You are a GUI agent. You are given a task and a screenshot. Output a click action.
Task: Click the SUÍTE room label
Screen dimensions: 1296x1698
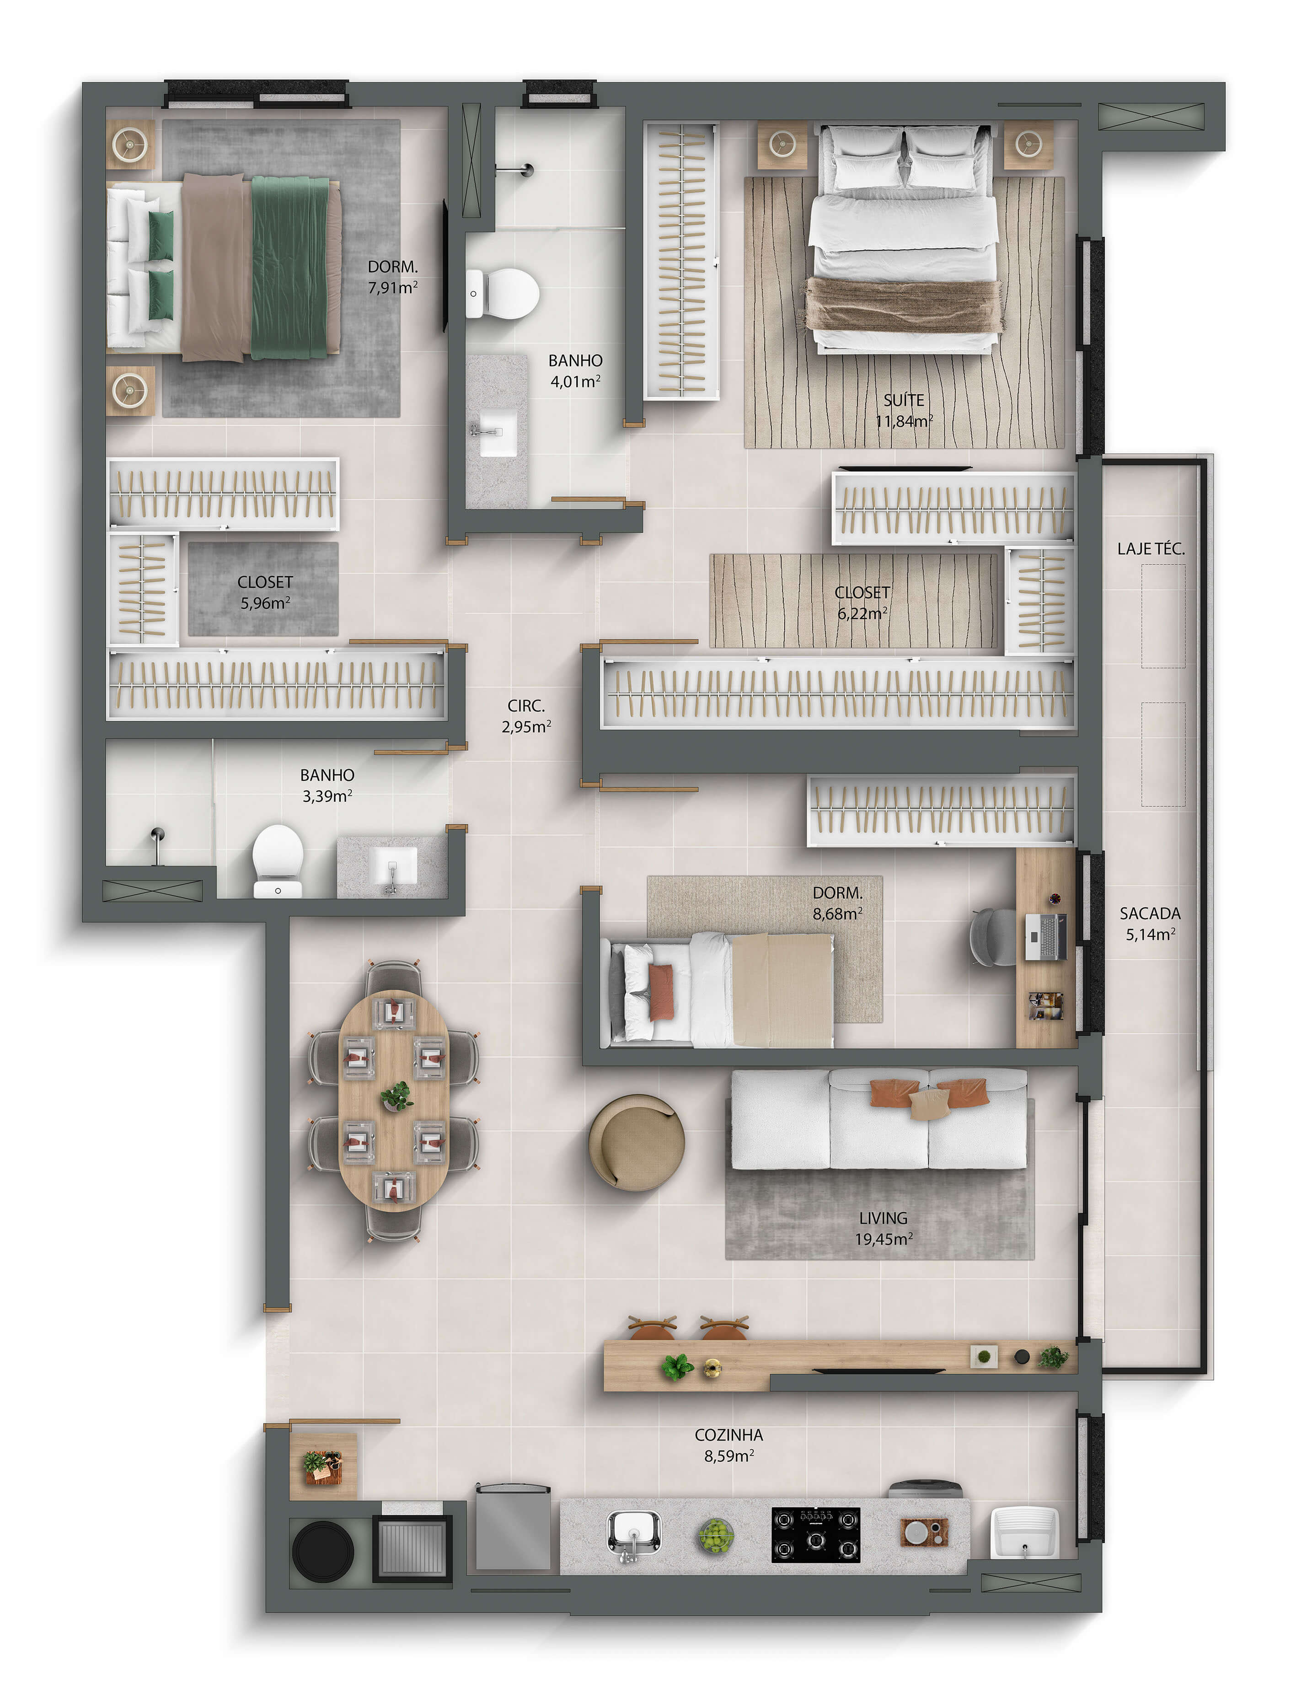pos(903,400)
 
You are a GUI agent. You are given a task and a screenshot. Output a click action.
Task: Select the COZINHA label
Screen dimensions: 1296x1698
pos(728,1435)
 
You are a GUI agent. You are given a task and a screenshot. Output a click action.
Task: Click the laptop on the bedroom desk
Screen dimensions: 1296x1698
pos(1046,936)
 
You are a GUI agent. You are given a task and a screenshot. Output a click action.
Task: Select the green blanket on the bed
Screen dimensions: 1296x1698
pos(290,267)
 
